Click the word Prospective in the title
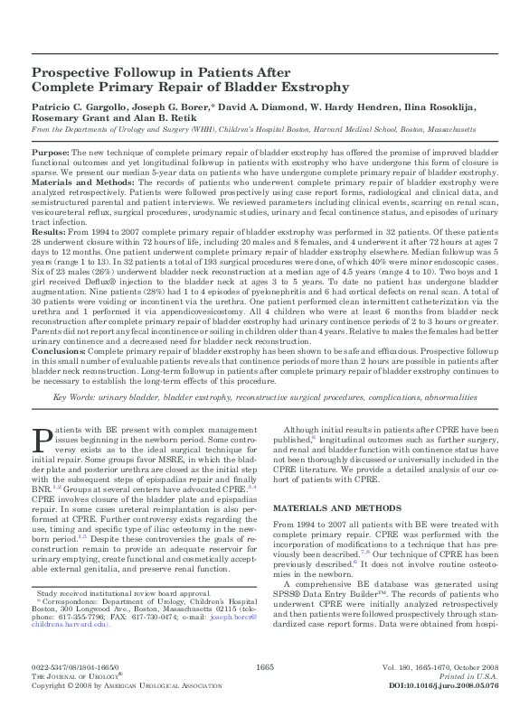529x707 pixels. tap(73, 74)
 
